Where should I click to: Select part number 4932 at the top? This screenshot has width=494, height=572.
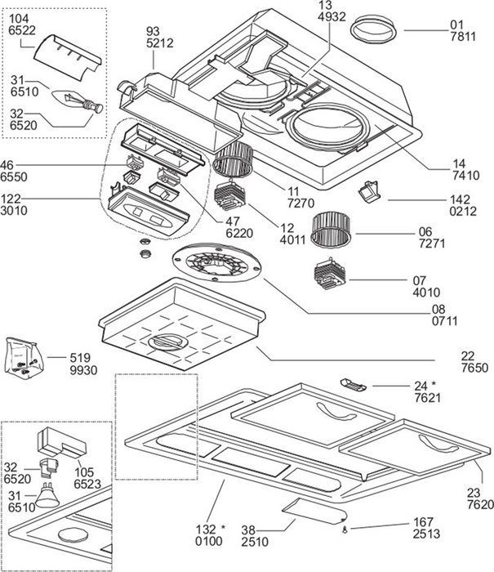332,17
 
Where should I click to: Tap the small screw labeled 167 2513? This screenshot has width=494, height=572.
345,531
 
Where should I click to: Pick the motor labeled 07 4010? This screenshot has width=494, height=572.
329,274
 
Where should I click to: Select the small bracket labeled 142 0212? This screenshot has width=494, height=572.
369,191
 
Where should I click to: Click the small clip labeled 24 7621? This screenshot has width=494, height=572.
353,385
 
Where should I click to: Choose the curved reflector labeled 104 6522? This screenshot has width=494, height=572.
67,58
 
